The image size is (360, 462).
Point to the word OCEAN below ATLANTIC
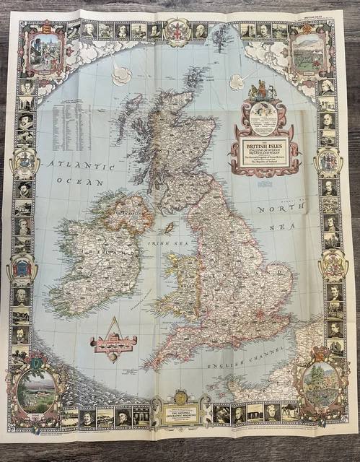(86, 182)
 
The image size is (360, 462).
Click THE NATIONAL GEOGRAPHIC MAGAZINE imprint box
(182, 415)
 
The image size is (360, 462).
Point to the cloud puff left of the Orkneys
(121, 74)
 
